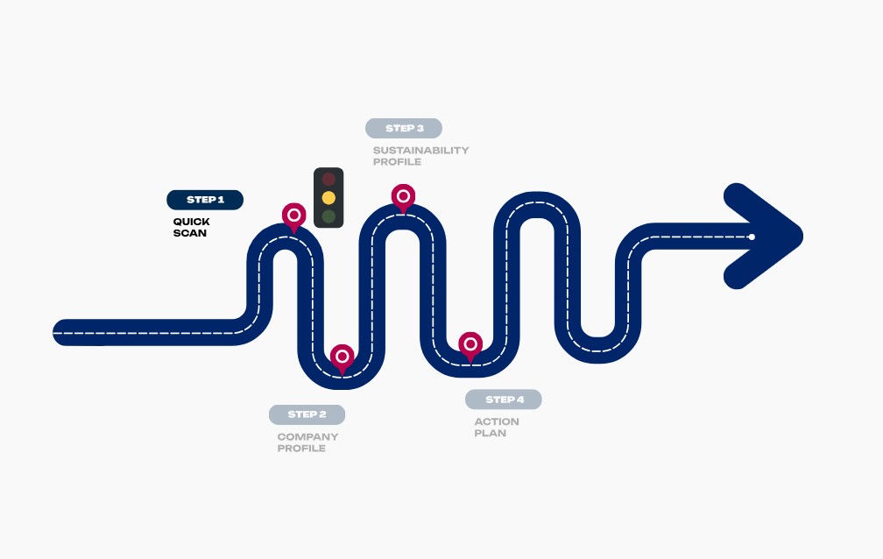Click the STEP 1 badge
[x=205, y=200]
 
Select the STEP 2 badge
[x=307, y=414]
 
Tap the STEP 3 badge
[x=404, y=129]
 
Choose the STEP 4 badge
[x=504, y=400]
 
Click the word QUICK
[x=191, y=222]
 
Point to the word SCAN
[x=189, y=233]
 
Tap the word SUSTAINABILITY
[x=420, y=150]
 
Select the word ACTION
[x=497, y=421]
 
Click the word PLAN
[x=490, y=433]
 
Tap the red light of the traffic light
[x=328, y=180]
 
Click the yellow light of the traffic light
[x=328, y=198]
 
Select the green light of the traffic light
[x=328, y=216]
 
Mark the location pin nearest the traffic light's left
[x=293, y=215]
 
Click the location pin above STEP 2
[x=343, y=357]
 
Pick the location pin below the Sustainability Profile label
[x=403, y=196]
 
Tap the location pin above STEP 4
[x=470, y=344]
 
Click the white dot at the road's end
[x=752, y=237]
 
